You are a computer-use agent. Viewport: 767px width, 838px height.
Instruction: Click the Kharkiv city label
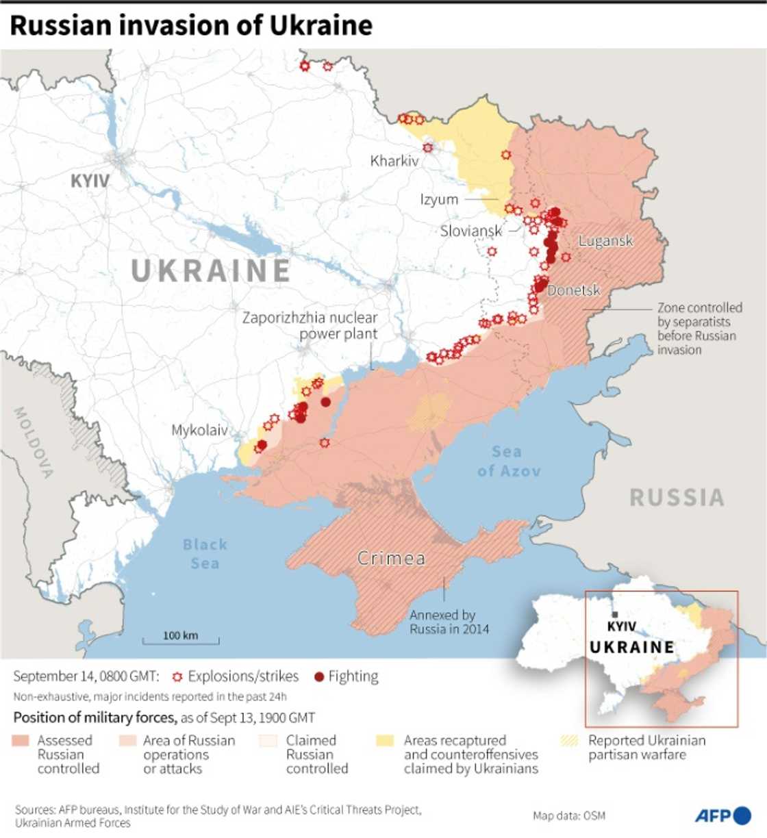(394, 162)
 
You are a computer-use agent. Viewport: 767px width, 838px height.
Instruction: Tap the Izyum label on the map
(439, 199)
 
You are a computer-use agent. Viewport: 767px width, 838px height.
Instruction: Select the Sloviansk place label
(471, 231)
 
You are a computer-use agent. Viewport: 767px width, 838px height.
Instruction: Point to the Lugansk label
(605, 240)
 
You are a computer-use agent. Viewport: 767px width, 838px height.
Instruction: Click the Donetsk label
(574, 290)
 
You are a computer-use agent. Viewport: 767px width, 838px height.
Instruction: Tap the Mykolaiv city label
(199, 430)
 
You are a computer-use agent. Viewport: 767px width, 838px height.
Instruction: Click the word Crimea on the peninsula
(391, 558)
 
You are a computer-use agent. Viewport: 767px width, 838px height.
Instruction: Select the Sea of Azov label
(508, 461)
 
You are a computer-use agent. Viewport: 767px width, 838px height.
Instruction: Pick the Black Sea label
(204, 553)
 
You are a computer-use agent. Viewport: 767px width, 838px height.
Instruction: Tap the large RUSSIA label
(677, 497)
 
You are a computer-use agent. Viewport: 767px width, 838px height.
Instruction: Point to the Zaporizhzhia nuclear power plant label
(310, 325)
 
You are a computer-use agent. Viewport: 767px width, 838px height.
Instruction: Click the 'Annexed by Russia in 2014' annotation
(449, 622)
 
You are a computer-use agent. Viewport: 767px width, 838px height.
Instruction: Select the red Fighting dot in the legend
(318, 677)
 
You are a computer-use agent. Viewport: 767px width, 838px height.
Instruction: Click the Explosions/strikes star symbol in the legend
(177, 677)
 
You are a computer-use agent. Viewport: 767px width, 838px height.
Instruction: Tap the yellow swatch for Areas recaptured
(386, 741)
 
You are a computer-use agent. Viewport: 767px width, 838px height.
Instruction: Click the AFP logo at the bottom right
(722, 815)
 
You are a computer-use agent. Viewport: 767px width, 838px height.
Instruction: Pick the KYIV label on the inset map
(622, 626)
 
